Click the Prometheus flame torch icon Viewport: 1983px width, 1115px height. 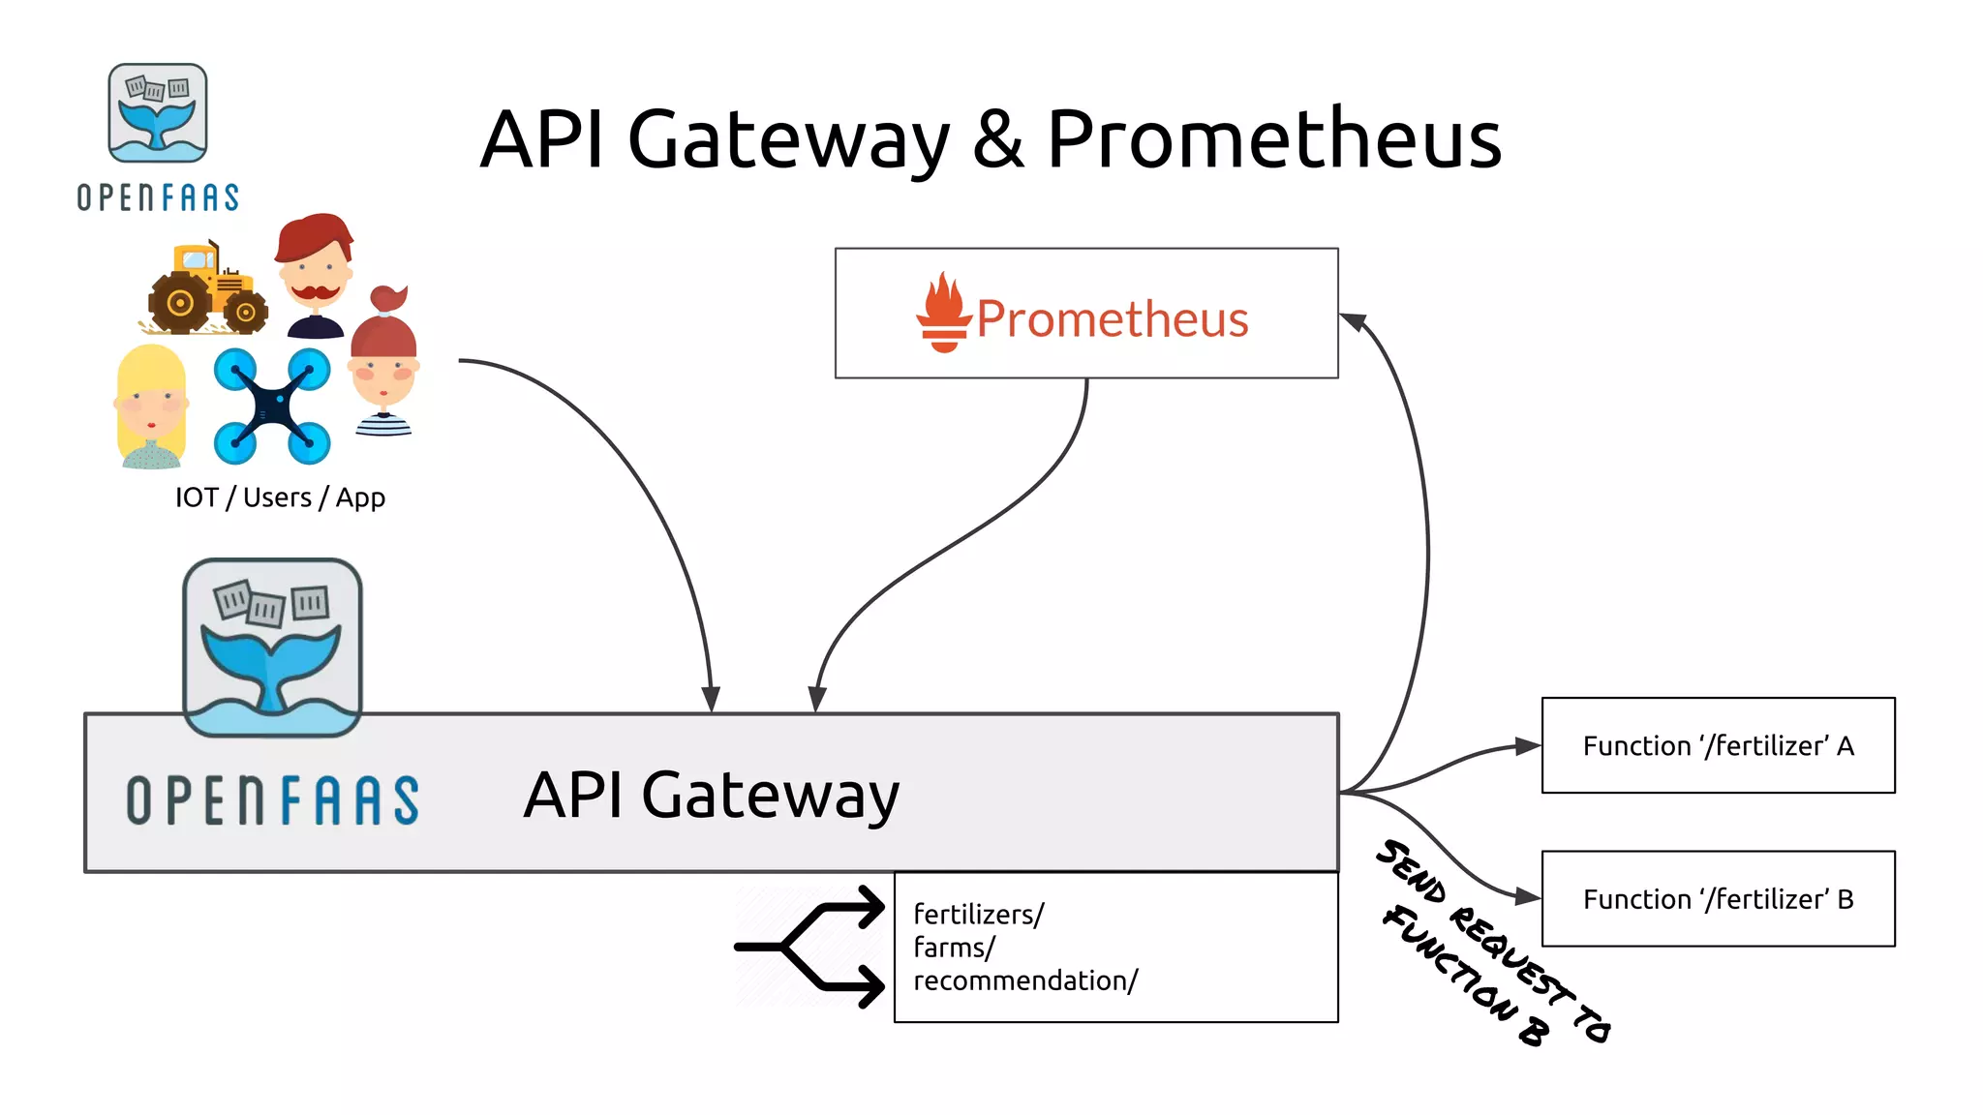click(x=943, y=314)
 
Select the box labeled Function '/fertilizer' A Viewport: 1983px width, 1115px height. click(x=1718, y=745)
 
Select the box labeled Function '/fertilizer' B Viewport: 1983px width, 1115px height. click(x=1718, y=898)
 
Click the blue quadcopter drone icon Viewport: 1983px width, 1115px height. click(x=272, y=407)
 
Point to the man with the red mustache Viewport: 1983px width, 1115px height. click(x=314, y=276)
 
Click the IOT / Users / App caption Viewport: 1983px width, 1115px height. click(x=280, y=497)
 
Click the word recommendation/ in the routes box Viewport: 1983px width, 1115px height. click(x=1025, y=980)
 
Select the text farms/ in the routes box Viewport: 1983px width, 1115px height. click(x=954, y=948)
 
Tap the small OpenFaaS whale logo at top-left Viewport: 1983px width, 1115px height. click(x=158, y=113)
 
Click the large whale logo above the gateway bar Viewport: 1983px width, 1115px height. click(x=272, y=647)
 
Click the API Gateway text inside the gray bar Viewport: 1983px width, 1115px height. click(x=711, y=796)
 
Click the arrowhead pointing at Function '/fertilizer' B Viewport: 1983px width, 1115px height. click(x=1528, y=897)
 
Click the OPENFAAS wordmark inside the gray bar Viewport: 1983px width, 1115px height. click(x=273, y=800)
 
